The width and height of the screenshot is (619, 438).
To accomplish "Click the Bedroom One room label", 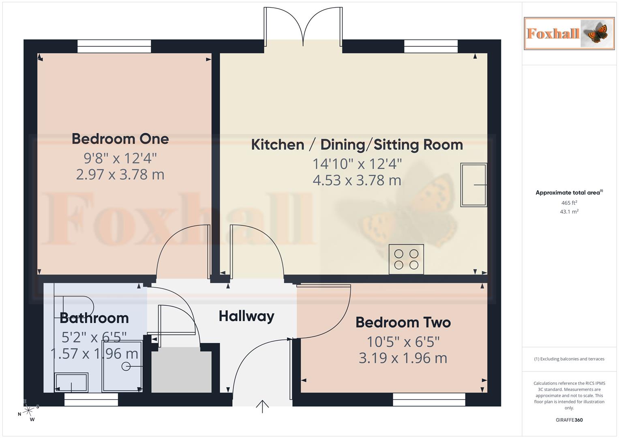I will pyautogui.click(x=120, y=139).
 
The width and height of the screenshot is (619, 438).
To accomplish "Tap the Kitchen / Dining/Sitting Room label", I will pyautogui.click(x=357, y=145).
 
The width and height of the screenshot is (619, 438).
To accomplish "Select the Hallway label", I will pyautogui.click(x=246, y=316).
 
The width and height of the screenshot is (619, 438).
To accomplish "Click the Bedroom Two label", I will pyautogui.click(x=403, y=323).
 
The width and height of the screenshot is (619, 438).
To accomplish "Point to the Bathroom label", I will pyautogui.click(x=94, y=318).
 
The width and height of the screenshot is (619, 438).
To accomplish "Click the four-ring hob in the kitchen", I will pyautogui.click(x=406, y=259).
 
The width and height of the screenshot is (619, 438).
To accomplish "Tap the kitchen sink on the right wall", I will pyautogui.click(x=474, y=185).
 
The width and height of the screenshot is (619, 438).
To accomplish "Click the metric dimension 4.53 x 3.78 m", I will pyautogui.click(x=357, y=180).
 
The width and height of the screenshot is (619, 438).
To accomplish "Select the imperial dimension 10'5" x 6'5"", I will pyautogui.click(x=403, y=342).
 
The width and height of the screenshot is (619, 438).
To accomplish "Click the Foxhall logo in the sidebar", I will pyautogui.click(x=569, y=33).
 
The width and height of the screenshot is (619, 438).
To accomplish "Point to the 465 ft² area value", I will pyautogui.click(x=569, y=203).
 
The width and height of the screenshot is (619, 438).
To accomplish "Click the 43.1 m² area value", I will pyautogui.click(x=569, y=212).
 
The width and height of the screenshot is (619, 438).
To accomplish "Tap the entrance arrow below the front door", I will pyautogui.click(x=263, y=406).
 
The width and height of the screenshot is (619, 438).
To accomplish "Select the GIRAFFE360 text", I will pyautogui.click(x=569, y=420).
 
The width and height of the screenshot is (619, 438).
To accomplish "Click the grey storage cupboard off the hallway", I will pyautogui.click(x=182, y=371).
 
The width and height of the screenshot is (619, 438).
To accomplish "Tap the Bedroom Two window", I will pyautogui.click(x=429, y=399).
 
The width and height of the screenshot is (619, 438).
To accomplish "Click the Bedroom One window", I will pyautogui.click(x=114, y=46).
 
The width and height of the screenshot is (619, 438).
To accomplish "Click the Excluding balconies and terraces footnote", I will pyautogui.click(x=569, y=359).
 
